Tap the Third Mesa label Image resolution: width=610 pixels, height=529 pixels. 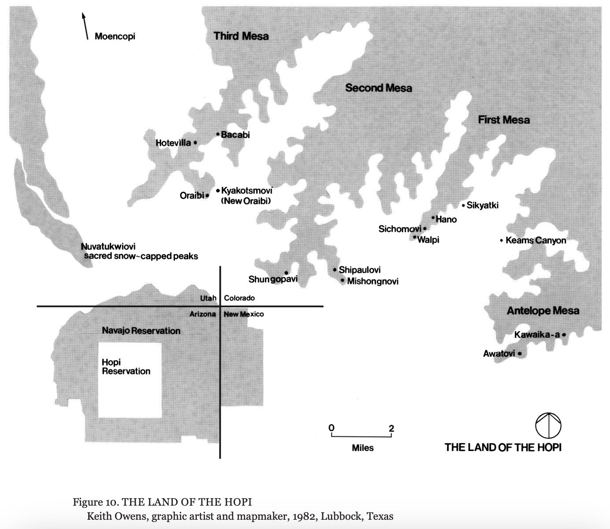click(241, 36)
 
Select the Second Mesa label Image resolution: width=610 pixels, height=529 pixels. click(379, 88)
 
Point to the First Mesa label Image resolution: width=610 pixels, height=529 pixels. click(504, 120)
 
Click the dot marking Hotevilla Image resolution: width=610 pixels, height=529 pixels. click(195, 143)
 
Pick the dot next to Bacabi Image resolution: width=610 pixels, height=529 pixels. click(218, 134)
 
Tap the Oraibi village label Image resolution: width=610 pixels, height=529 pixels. click(192, 195)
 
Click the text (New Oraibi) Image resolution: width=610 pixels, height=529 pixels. click(245, 201)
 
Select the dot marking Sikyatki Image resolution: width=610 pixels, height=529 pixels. click(463, 205)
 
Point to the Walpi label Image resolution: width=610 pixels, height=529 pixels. click(428, 240)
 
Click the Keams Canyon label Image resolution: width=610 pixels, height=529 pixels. click(536, 241)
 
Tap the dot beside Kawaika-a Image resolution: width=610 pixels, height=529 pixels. click(564, 335)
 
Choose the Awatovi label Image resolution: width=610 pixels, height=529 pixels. click(499, 354)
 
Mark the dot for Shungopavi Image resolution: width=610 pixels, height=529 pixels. click(286, 273)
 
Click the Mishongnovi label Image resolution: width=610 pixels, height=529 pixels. click(373, 281)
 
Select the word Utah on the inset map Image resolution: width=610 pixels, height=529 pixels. click(208, 298)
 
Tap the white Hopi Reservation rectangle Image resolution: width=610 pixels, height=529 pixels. click(130, 388)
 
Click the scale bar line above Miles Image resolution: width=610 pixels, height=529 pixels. click(361, 436)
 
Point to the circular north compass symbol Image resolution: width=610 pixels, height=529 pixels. click(548, 426)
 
